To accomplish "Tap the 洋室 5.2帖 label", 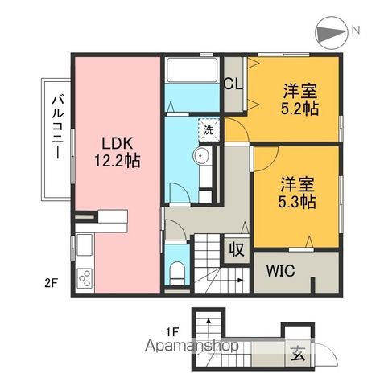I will [297, 98].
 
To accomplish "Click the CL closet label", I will [234, 83].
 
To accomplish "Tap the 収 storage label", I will [235, 248].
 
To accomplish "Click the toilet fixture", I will [178, 272].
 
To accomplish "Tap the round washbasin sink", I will [201, 157].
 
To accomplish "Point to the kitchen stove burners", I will [84, 279].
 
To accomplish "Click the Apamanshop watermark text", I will [190, 347].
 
